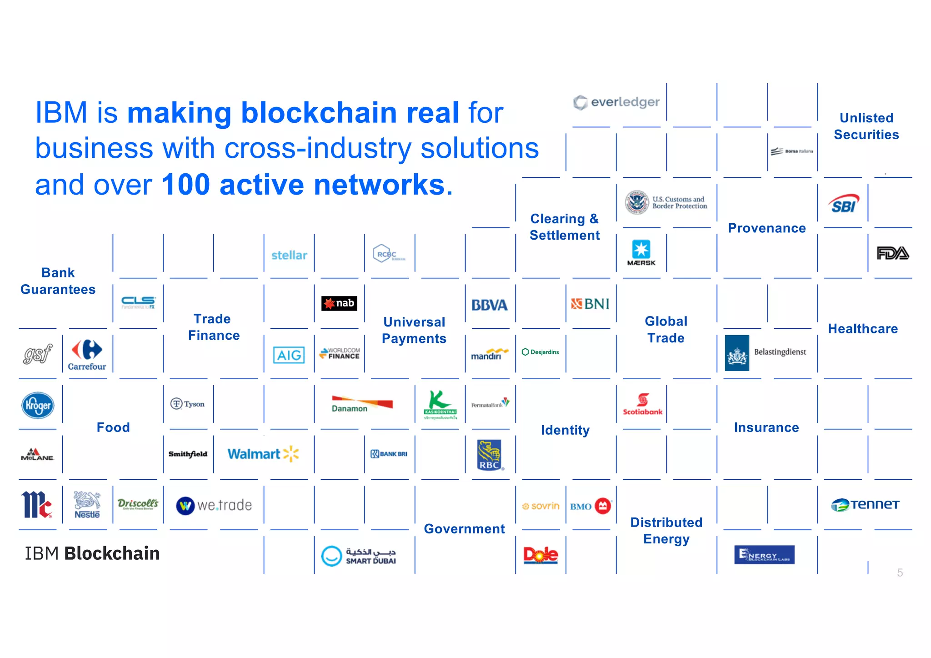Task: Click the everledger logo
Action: point(616,102)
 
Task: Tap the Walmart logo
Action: point(263,454)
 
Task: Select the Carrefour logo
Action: point(87,355)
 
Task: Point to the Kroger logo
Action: point(38,405)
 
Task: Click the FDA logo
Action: point(892,253)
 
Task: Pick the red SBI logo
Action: point(844,204)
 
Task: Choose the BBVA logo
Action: point(489,305)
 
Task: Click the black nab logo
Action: point(339,303)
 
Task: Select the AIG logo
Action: point(289,355)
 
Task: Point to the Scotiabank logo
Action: point(642,404)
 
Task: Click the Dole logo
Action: point(541,555)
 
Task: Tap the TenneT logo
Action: point(865,505)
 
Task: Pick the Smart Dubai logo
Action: point(358,556)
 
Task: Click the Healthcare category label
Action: point(863,329)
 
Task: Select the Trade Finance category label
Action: point(214,327)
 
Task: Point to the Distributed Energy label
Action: point(666,531)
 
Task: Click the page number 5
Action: point(900,573)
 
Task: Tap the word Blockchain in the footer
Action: point(112,553)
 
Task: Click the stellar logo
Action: point(289,255)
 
